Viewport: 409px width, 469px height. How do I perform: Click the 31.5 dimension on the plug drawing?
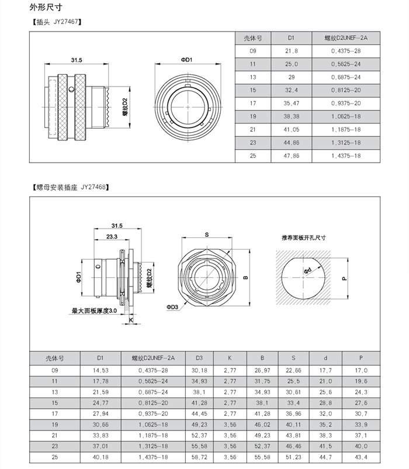77,60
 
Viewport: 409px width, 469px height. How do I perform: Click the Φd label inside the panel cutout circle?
309,270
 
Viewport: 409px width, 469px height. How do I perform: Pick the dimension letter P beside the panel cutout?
345,279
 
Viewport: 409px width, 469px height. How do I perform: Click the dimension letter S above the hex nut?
207,234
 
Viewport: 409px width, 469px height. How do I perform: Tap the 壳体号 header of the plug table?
252,38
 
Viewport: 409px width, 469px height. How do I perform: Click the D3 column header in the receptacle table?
199,357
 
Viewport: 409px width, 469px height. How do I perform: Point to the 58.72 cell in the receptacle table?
199,457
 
